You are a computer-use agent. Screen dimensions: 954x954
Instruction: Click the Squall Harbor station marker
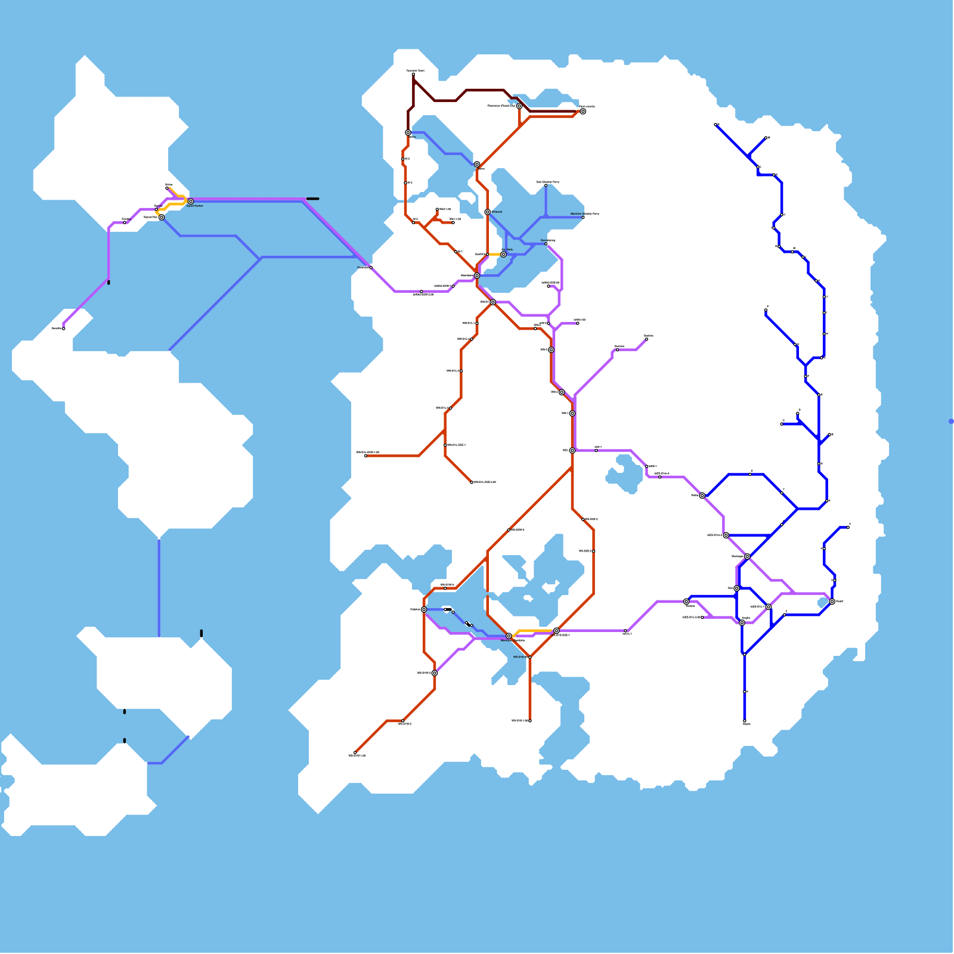pyautogui.click(x=191, y=202)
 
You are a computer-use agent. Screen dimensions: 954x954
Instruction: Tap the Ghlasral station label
pyautogui.click(x=497, y=212)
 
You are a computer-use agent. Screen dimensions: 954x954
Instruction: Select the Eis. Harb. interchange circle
pyautogui.click(x=503, y=255)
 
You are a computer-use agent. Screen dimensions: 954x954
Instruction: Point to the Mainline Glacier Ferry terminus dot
pyautogui.click(x=583, y=217)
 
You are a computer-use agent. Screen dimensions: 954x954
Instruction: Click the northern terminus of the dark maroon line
pyautogui.click(x=413, y=75)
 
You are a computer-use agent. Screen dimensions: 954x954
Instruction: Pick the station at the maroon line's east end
pyautogui.click(x=583, y=111)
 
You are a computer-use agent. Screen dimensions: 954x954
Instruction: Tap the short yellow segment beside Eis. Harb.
pyautogui.click(x=494, y=255)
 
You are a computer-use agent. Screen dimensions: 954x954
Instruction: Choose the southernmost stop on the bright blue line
pyautogui.click(x=745, y=721)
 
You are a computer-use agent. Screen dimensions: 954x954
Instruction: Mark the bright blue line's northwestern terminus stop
pyautogui.click(x=715, y=125)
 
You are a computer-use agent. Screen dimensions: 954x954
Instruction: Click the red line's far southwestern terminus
pyautogui.click(x=355, y=753)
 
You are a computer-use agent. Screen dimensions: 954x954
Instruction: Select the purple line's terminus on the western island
pyautogui.click(x=64, y=329)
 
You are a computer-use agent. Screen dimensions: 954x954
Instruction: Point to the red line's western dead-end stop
pyautogui.click(x=366, y=456)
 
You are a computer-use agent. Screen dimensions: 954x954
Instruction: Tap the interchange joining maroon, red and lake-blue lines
pyautogui.click(x=408, y=132)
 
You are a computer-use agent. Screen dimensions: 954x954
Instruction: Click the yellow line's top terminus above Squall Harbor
pyautogui.click(x=167, y=188)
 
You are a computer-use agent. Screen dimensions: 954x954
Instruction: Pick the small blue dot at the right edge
pyautogui.click(x=951, y=422)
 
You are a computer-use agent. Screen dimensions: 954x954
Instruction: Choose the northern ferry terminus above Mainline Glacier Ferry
pyautogui.click(x=546, y=185)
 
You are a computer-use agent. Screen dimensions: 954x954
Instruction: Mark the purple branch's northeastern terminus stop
pyautogui.click(x=647, y=339)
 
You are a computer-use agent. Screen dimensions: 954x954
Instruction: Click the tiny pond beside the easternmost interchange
pyautogui.click(x=823, y=603)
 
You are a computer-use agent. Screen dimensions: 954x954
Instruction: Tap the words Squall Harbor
pyautogui.click(x=194, y=206)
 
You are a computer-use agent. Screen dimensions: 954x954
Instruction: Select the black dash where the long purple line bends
pyautogui.click(x=312, y=199)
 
